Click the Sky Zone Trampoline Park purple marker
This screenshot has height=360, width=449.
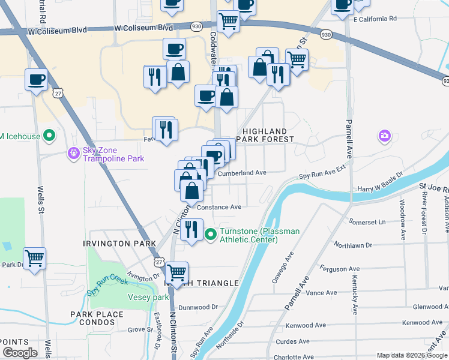pos(73,154)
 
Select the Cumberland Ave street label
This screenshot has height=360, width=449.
pos(241,173)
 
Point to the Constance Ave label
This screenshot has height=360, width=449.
pos(219,207)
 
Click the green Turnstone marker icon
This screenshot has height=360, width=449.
pos(210,235)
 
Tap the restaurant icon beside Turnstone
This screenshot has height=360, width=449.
pos(191,229)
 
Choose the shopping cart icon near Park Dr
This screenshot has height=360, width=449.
pos(35,259)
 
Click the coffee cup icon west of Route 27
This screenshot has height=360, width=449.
pos(36,79)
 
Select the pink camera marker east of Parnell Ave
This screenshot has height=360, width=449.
pos(384,136)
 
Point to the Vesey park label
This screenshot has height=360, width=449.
pos(148,297)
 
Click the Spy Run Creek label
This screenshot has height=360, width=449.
pos(108,283)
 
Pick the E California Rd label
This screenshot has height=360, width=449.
pos(375,19)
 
